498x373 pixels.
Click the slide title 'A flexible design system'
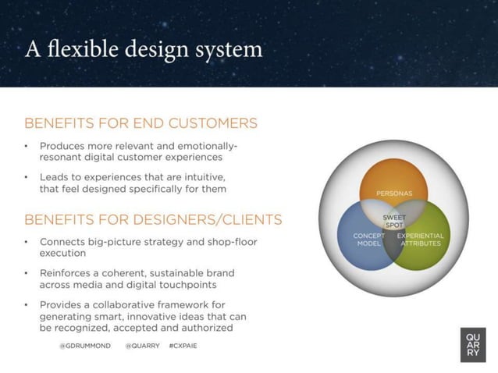pos(144,49)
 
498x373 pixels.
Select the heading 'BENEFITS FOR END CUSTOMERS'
pos(141,123)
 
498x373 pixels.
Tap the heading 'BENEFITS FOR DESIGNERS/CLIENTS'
pos(153,218)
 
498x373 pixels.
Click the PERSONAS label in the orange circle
pos(394,193)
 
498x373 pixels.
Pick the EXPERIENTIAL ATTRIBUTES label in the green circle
pos(420,239)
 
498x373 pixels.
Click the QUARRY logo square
pos(473,345)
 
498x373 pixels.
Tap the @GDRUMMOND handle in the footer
pos(85,345)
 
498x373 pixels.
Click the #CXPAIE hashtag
pos(183,345)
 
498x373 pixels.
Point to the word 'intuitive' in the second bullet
pos(206,176)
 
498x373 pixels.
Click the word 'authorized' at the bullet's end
pos(205,328)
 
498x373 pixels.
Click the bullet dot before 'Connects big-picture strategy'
pos(27,242)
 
